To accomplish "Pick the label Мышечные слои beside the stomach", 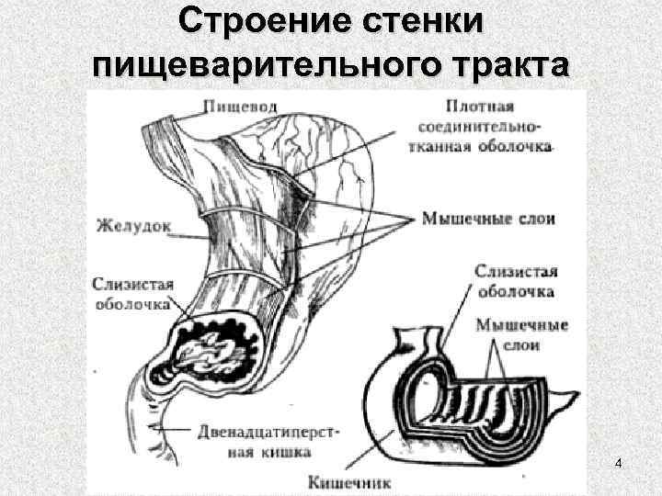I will (x=488, y=220).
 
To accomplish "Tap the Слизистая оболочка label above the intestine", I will (x=516, y=281).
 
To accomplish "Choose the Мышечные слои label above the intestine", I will (x=521, y=335).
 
